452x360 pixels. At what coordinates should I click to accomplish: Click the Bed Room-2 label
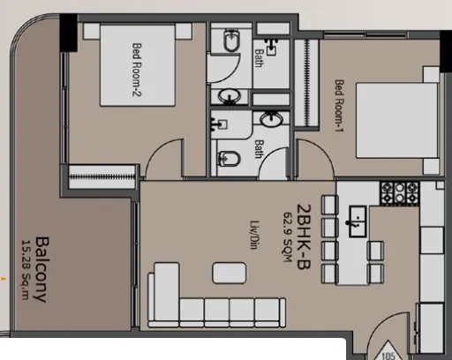click(137, 70)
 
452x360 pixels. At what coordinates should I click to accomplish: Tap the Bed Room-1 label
click(339, 106)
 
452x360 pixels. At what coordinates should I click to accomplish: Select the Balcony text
click(42, 269)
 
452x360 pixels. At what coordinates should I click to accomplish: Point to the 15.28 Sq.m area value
click(26, 270)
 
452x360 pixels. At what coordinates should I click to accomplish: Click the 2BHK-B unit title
click(304, 236)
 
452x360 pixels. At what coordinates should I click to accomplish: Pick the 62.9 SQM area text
click(287, 236)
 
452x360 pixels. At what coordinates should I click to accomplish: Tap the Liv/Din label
click(254, 235)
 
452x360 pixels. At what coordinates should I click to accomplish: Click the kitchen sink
click(358, 221)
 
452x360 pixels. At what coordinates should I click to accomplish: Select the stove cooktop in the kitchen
click(400, 193)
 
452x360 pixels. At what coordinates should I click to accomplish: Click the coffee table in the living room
click(230, 273)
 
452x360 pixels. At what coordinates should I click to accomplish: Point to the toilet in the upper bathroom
click(232, 41)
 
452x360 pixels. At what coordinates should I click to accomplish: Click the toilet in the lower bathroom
click(229, 159)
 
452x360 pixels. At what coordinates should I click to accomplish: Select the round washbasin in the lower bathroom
click(272, 119)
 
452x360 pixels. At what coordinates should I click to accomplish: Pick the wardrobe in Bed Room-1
click(307, 83)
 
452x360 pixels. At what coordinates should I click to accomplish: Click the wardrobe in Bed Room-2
click(102, 176)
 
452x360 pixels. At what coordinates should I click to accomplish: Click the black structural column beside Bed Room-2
click(69, 33)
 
